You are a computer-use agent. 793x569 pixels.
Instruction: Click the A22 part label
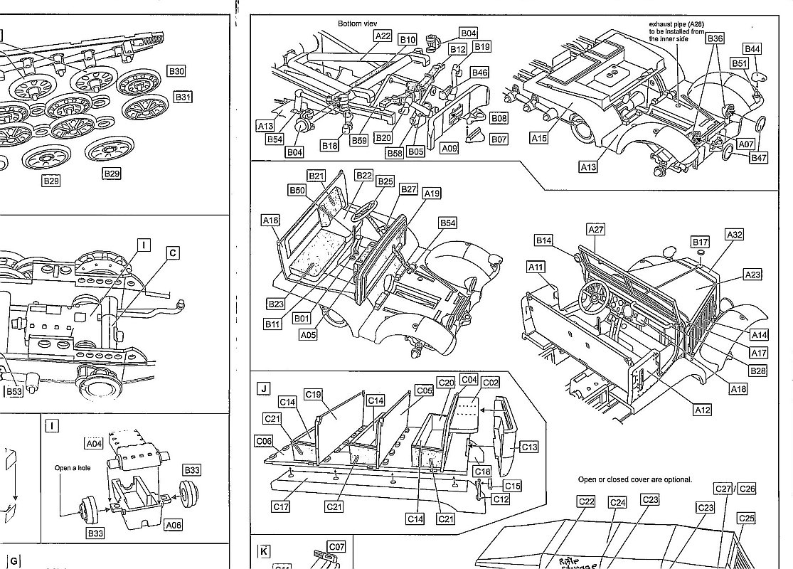pyautogui.click(x=383, y=36)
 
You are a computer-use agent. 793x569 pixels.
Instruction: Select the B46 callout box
pyautogui.click(x=480, y=73)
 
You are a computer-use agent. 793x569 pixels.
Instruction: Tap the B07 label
pyautogui.click(x=499, y=139)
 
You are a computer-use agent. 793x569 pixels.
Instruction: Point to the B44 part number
pyautogui.click(x=752, y=48)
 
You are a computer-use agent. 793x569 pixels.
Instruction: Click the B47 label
pyautogui.click(x=759, y=158)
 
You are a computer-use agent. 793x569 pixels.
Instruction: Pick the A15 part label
pyautogui.click(x=539, y=139)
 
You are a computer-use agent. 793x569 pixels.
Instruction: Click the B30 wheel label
pyautogui.click(x=176, y=70)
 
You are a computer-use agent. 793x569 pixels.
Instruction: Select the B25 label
pyautogui.click(x=385, y=181)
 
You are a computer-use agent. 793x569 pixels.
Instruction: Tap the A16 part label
pyautogui.click(x=270, y=220)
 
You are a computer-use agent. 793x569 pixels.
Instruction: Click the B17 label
pyautogui.click(x=701, y=243)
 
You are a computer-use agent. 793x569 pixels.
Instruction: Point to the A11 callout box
pyautogui.click(x=536, y=267)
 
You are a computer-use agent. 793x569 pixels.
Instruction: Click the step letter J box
pyautogui.click(x=264, y=388)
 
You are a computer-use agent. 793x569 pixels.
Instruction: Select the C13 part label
pyautogui.click(x=529, y=447)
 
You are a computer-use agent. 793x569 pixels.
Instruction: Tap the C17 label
pyautogui.click(x=281, y=507)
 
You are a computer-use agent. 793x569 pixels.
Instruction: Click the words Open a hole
pyautogui.click(x=74, y=469)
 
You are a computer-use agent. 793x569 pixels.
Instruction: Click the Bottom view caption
pyautogui.click(x=357, y=23)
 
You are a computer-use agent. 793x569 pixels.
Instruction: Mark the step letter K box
pyautogui.click(x=264, y=551)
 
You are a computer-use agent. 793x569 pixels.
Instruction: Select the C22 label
pyautogui.click(x=586, y=501)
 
